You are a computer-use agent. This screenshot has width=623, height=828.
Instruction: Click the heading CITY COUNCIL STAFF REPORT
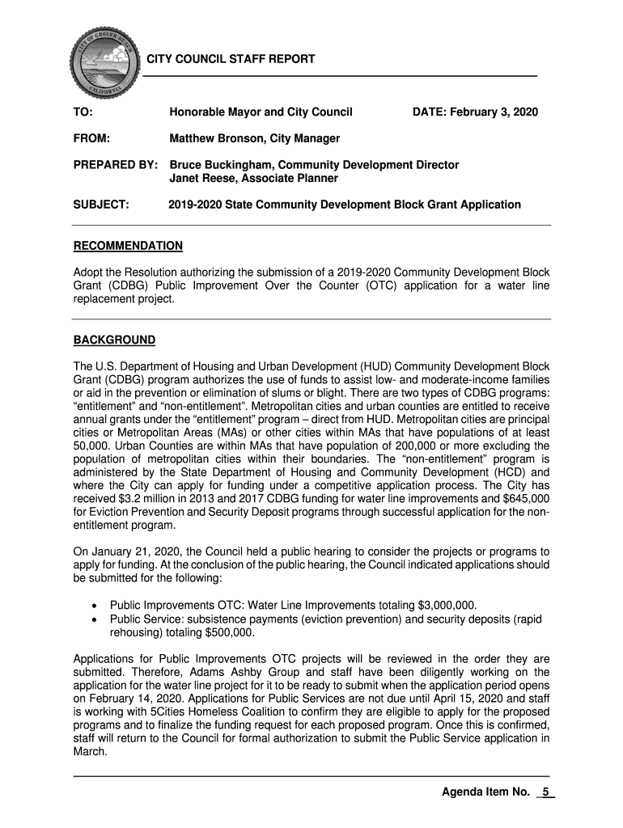click(231, 60)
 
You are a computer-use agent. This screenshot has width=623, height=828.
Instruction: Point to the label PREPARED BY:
click(115, 165)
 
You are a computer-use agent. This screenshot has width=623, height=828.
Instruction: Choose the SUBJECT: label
click(102, 205)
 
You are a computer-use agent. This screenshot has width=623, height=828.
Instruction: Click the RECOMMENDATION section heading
click(128, 246)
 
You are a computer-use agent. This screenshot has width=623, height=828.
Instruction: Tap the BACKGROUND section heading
click(114, 339)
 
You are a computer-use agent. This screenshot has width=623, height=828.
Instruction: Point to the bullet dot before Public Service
click(96, 619)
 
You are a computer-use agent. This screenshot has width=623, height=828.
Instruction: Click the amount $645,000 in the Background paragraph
click(523, 498)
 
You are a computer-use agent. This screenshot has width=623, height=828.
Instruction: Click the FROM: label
click(91, 138)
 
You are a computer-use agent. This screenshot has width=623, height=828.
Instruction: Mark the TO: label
click(83, 112)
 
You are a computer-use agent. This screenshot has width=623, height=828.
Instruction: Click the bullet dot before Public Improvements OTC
click(96, 606)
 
